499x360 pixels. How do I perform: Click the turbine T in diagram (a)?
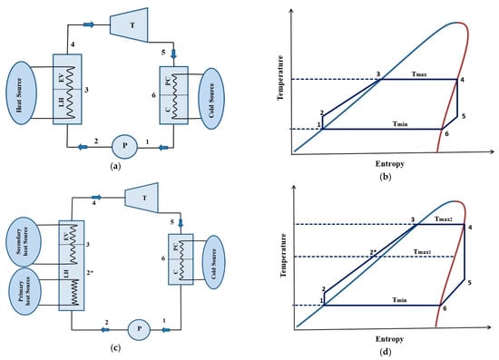129,25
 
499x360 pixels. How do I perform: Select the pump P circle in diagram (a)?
125,146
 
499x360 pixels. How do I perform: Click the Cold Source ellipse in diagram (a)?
211,99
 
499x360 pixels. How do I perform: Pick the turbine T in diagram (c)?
142,198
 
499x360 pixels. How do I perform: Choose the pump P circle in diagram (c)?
139,329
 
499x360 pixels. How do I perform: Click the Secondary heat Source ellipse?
24,242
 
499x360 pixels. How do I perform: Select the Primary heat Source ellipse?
25,291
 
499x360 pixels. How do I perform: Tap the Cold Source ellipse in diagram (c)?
213,262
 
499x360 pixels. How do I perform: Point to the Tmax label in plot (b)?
419,74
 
